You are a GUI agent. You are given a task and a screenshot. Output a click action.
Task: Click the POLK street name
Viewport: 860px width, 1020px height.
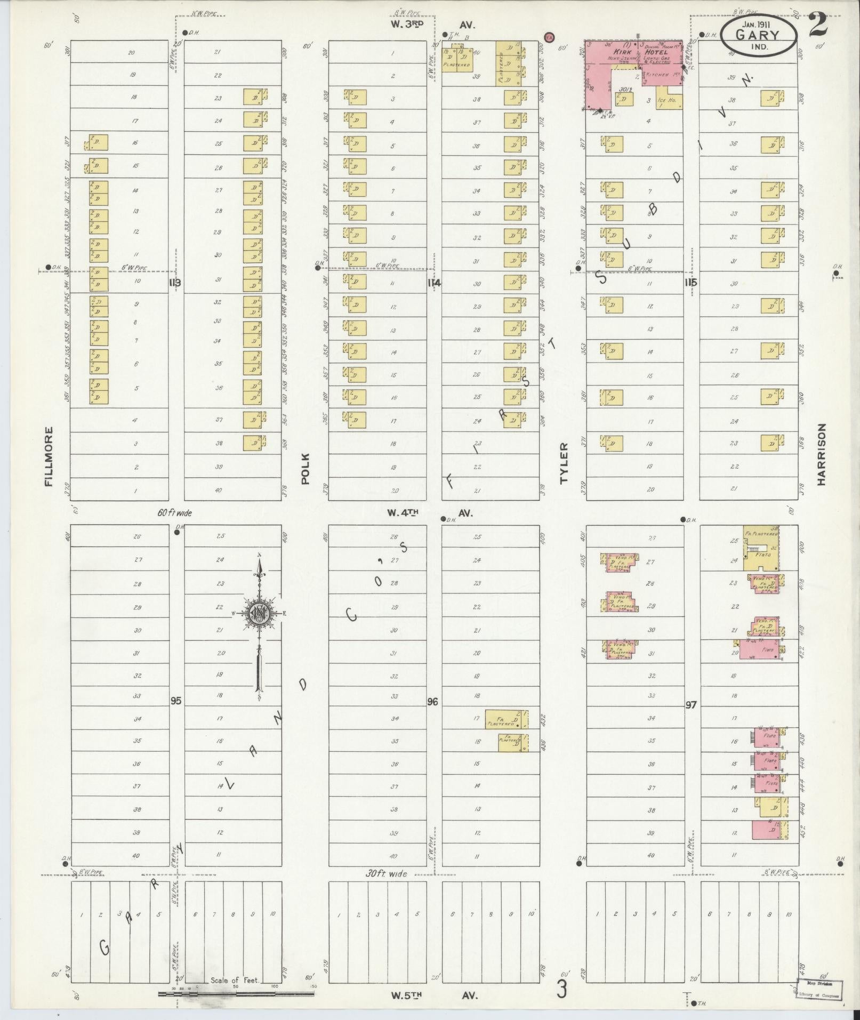click(x=304, y=468)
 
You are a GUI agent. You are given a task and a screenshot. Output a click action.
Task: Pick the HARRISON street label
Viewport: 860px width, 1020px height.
click(x=821, y=454)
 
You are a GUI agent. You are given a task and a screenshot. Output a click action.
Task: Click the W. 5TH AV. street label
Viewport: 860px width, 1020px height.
click(x=432, y=995)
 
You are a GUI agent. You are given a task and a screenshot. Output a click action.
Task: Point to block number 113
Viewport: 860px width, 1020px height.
click(x=174, y=283)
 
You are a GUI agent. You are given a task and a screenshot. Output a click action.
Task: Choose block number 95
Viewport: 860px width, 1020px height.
click(x=176, y=700)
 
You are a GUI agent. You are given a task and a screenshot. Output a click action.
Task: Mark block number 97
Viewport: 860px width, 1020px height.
click(x=690, y=704)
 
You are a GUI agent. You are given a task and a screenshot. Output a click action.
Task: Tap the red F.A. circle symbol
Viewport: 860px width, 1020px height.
click(x=549, y=37)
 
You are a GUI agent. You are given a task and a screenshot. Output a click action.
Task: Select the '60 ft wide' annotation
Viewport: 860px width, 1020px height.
click(x=174, y=513)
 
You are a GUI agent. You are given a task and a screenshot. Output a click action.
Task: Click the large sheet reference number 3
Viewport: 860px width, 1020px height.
click(x=561, y=990)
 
